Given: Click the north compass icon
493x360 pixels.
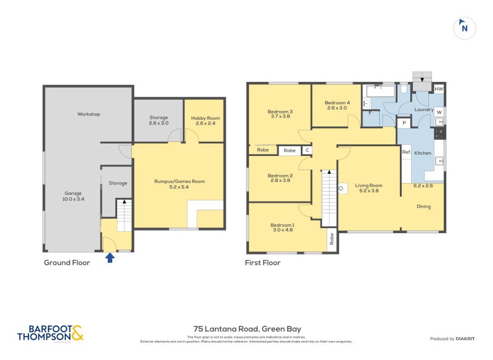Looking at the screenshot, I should click(x=465, y=28).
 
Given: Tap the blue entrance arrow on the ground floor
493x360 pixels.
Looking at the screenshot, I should click(x=110, y=257).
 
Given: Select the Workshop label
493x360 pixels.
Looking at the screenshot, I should click(x=89, y=114).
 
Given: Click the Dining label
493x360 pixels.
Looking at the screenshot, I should click(x=423, y=207).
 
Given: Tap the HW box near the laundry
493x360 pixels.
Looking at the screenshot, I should click(x=438, y=89).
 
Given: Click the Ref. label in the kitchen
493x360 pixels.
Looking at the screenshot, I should click(x=406, y=152).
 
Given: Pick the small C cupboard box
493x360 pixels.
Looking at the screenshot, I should click(x=306, y=150).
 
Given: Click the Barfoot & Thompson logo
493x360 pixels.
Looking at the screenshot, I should click(x=50, y=333).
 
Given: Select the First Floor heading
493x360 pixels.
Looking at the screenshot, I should click(x=263, y=263).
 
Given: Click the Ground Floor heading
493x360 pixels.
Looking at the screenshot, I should click(x=67, y=263).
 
